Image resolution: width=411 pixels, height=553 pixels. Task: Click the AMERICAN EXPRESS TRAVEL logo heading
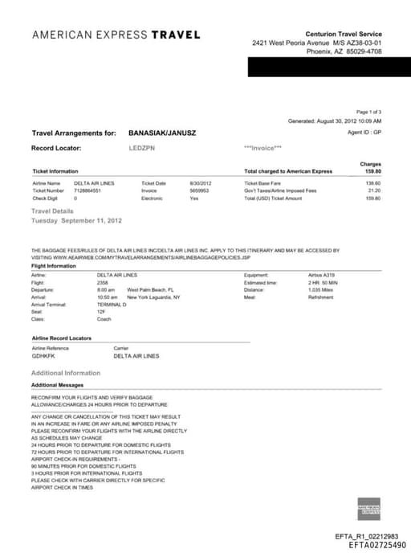116,35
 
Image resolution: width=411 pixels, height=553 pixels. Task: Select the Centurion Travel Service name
344,33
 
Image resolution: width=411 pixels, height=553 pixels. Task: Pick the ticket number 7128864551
87,190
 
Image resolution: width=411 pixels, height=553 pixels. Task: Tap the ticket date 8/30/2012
200,183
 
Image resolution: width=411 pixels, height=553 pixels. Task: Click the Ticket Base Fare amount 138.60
372,183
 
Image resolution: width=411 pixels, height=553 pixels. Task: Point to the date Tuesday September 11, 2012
76,220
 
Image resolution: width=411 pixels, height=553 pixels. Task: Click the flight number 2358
102,282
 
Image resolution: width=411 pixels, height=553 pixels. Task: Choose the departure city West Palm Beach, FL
151,289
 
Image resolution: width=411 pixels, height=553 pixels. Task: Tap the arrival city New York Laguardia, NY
154,297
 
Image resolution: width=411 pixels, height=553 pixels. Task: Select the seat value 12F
101,312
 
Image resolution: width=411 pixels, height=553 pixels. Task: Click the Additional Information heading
66,373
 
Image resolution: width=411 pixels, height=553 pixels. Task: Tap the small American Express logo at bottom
368,508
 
